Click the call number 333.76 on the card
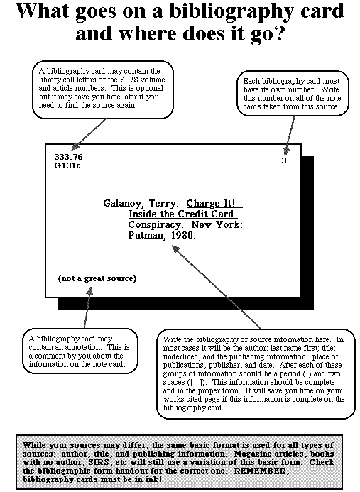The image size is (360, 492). click(x=68, y=157)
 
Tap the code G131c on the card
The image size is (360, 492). click(x=67, y=165)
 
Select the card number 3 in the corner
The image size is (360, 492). click(x=284, y=160)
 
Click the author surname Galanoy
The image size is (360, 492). click(x=122, y=204)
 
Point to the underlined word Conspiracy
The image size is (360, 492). click(x=155, y=225)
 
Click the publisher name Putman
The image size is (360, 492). click(x=146, y=235)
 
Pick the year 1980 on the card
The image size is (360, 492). click(x=183, y=235)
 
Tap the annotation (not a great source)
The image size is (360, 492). click(x=97, y=278)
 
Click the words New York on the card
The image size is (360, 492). click(x=217, y=224)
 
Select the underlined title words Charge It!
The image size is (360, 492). click(x=211, y=203)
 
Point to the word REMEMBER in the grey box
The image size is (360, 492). click(x=261, y=471)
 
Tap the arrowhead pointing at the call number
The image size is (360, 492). click(x=76, y=146)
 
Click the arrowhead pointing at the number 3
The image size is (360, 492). click(x=286, y=152)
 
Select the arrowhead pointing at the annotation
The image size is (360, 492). click(x=90, y=292)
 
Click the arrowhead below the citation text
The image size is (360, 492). click(x=175, y=249)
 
